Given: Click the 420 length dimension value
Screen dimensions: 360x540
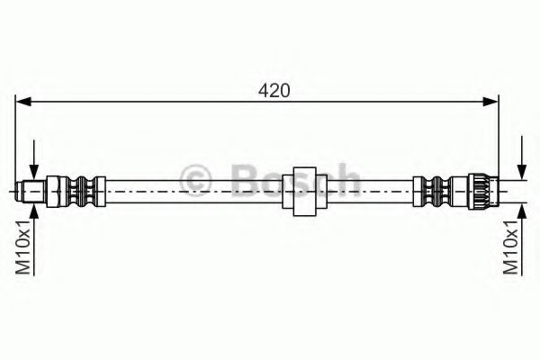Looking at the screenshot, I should tap(274, 91).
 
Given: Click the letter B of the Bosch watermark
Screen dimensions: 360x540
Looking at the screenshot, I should tap(244, 181).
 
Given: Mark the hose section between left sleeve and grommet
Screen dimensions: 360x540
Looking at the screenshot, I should tap(189, 191).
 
